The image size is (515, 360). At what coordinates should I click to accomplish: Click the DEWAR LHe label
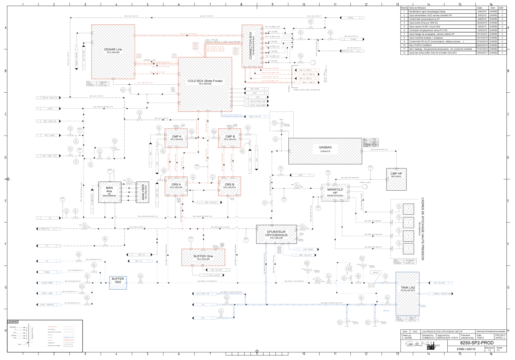click(x=113, y=50)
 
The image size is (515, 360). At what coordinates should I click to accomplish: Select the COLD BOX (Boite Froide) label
click(x=205, y=81)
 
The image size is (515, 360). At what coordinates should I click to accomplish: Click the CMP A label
click(x=177, y=137)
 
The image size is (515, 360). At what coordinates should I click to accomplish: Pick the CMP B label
click(x=230, y=137)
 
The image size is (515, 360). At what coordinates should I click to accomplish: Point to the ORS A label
click(x=176, y=185)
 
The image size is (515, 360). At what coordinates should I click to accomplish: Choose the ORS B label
click(x=229, y=185)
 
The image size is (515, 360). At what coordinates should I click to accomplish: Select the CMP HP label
click(x=396, y=174)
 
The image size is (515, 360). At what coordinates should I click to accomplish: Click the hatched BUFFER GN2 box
click(x=118, y=283)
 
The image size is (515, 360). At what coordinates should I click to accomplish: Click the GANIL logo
click(x=424, y=345)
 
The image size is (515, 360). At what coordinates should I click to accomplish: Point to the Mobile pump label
click(x=365, y=182)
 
